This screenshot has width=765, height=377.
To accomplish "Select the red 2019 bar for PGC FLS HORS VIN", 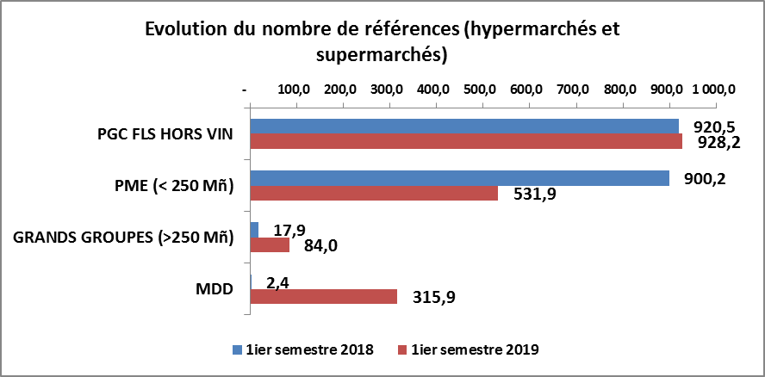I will point(465,141).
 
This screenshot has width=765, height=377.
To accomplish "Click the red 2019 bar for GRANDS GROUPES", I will point(270,244).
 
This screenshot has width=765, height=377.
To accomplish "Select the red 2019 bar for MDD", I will point(323,296).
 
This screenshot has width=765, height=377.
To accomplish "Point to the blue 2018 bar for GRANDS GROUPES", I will point(254,229).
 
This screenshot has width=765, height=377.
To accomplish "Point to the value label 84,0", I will point(321,248).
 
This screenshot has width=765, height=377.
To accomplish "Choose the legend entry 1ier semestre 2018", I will point(302,349).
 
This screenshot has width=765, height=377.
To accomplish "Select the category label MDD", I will point(215,288).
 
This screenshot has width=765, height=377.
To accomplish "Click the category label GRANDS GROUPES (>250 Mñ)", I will point(125,238).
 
